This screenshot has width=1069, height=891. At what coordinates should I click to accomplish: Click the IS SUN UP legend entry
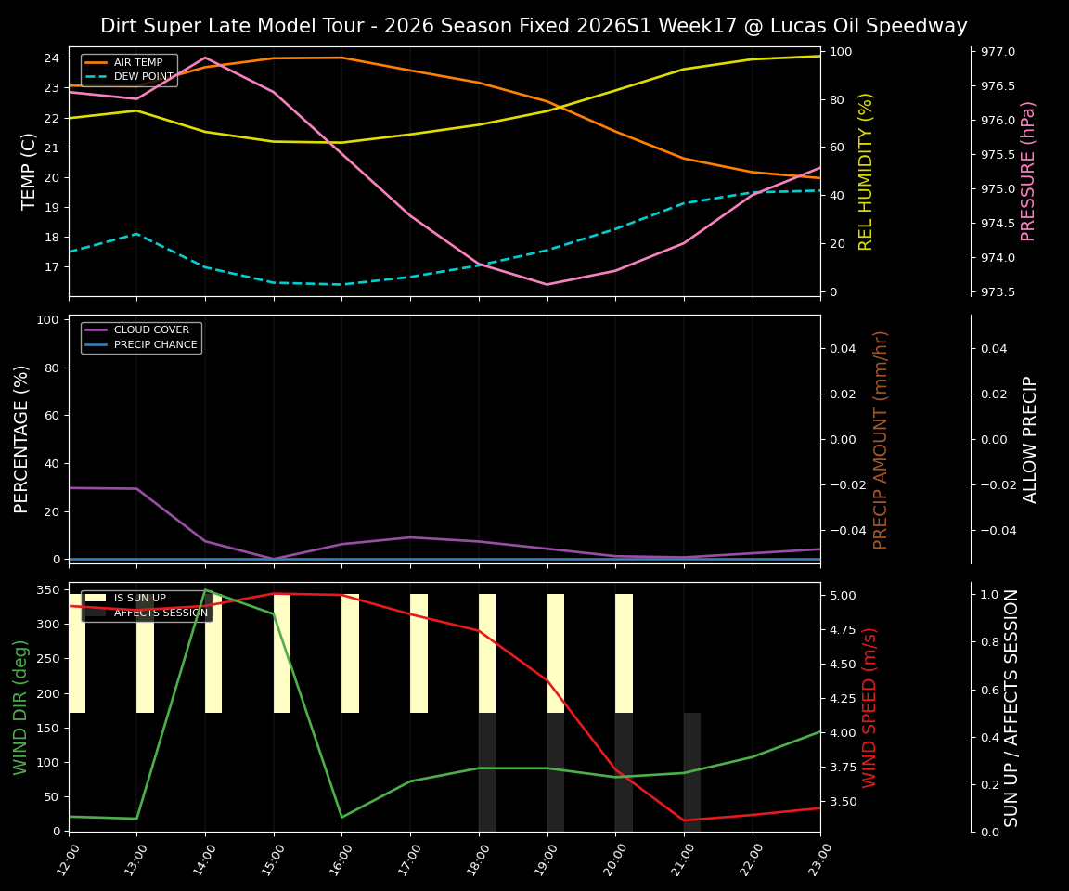(139, 599)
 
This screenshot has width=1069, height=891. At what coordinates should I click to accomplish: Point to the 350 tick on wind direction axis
(48, 590)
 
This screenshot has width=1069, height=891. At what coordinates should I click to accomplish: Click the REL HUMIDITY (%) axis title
(867, 172)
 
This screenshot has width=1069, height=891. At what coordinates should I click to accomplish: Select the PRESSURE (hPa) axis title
(1028, 172)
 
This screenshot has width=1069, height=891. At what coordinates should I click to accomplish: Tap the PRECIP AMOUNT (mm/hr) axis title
(882, 439)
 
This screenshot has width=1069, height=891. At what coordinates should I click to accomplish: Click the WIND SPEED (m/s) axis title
(869, 707)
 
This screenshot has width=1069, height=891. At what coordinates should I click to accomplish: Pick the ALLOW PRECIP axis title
(1030, 439)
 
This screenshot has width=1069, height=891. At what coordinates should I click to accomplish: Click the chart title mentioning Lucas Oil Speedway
(534, 26)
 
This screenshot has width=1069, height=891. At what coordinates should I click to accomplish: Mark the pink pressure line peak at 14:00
(205, 58)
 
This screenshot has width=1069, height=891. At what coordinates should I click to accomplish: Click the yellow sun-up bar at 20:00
(624, 653)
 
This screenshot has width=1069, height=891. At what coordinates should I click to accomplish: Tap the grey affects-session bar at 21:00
(692, 772)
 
